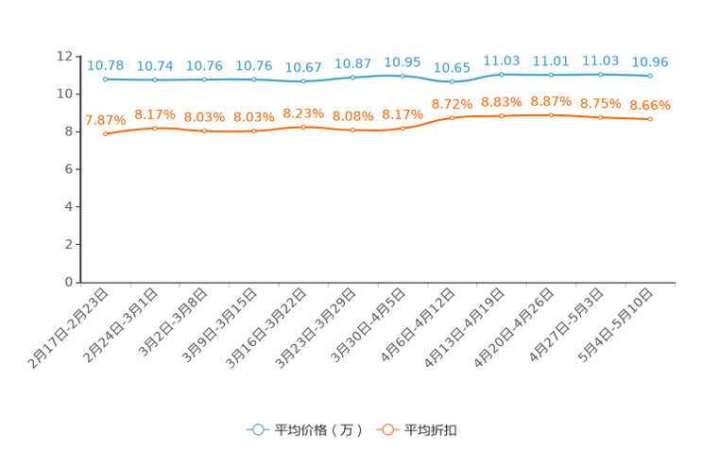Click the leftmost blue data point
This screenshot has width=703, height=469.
pyautogui.click(x=105, y=79)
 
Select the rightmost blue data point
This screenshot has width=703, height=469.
pyautogui.click(x=650, y=76)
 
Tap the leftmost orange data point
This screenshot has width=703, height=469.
pyautogui.click(x=105, y=134)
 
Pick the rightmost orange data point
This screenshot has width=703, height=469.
pyautogui.click(x=650, y=120)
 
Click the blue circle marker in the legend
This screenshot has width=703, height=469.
pyautogui.click(x=256, y=429)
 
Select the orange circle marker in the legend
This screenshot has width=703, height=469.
pyautogui.click(x=386, y=429)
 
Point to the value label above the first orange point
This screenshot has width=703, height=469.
pyautogui.click(x=105, y=120)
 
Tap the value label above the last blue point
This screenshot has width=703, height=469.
pyautogui.click(x=650, y=61)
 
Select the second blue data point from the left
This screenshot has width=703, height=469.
pyautogui.click(x=154, y=79)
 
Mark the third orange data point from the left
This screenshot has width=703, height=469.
pyautogui.click(x=204, y=131)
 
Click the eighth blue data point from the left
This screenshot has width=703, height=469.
pyautogui.click(x=452, y=81)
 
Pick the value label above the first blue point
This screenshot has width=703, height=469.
pyautogui.click(x=105, y=65)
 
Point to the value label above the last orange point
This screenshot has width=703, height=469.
pyautogui.click(x=650, y=104)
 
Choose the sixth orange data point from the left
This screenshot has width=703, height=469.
pyautogui.click(x=352, y=130)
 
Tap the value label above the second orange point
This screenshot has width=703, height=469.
pyautogui.click(x=154, y=114)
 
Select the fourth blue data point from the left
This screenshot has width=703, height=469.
pyautogui.click(x=253, y=79)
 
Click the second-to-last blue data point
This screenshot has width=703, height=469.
pyautogui.click(x=600, y=74)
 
